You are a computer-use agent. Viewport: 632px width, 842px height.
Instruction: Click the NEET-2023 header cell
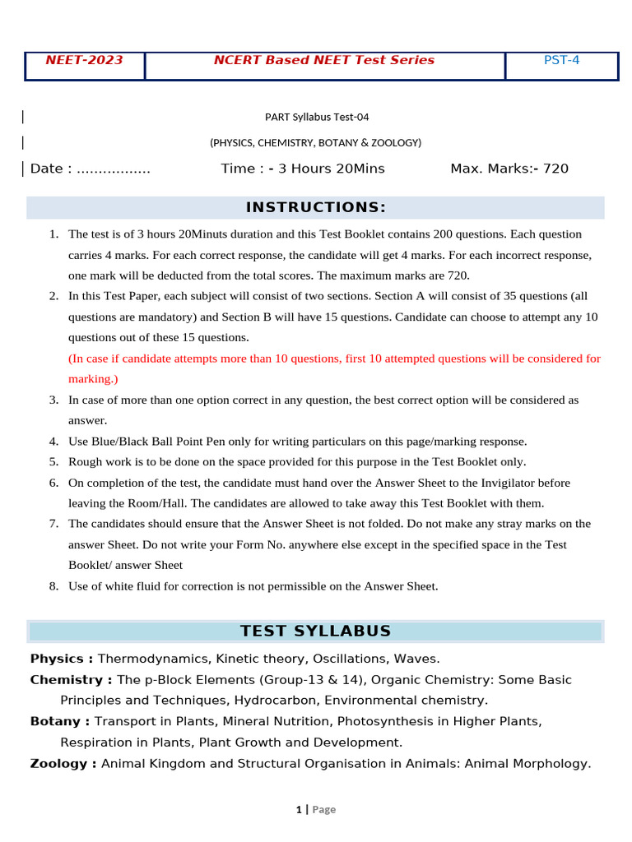[84, 60]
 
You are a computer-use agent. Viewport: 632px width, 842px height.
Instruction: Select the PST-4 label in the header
[562, 60]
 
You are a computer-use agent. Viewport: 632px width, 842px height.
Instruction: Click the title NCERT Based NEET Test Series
[324, 60]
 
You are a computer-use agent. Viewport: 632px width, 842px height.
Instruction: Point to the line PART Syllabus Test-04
[316, 117]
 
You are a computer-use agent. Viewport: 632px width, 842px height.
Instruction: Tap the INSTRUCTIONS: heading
[316, 207]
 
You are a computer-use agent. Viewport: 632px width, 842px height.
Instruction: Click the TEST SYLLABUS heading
[316, 631]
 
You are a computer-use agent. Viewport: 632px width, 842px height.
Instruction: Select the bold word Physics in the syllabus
[57, 659]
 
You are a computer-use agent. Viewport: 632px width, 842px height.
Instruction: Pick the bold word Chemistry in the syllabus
[67, 680]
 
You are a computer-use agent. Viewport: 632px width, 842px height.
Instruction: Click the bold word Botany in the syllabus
[56, 721]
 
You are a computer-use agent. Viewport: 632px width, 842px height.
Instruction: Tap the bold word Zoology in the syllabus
[58, 763]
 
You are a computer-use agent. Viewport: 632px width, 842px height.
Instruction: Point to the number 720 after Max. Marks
[555, 169]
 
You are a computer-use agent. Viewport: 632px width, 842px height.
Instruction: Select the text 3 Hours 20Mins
[332, 169]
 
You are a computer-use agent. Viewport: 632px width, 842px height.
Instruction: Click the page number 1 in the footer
[299, 810]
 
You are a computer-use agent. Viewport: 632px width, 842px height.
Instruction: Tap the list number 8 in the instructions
[53, 586]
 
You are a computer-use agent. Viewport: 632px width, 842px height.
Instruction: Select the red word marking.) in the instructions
[93, 379]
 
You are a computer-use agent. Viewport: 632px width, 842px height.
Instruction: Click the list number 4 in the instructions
[53, 442]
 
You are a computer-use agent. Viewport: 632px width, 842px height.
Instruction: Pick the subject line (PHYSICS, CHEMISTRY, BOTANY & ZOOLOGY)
[316, 142]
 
